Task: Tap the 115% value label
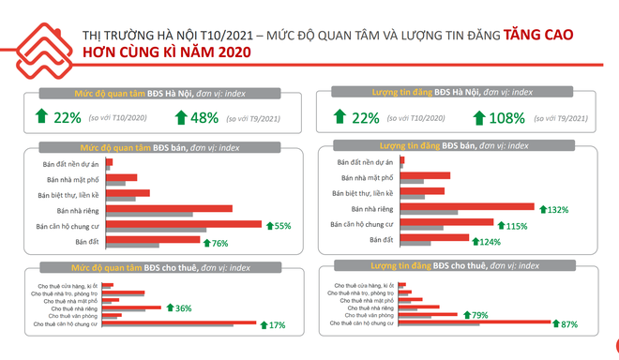click(x=517, y=226)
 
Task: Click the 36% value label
click(x=183, y=307)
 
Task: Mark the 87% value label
click(x=566, y=324)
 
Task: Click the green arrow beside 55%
click(x=270, y=226)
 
